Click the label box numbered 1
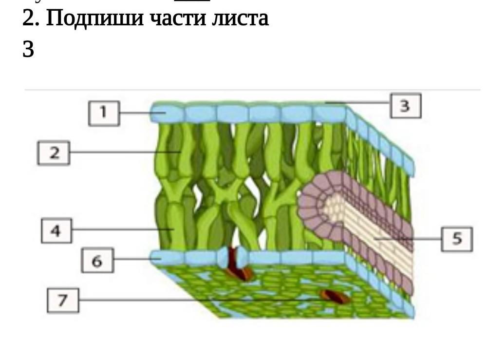click(103, 113)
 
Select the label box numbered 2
click(54, 152)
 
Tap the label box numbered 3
click(405, 106)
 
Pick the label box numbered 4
click(56, 230)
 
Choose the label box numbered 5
click(456, 239)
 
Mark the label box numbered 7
click(62, 300)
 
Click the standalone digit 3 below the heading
click(28, 50)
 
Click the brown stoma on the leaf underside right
click(335, 296)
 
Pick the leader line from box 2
click(122, 152)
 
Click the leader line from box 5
click(409, 239)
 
